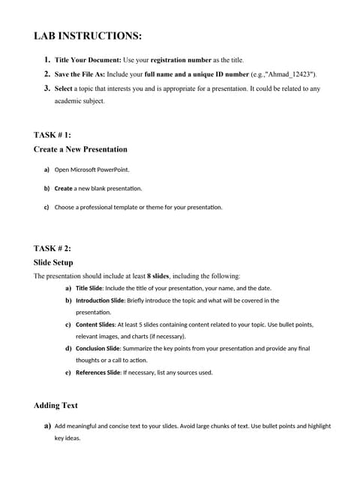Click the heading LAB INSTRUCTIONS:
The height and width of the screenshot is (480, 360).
pyautogui.click(x=88, y=36)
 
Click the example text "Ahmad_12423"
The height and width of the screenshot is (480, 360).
pyautogui.click(x=289, y=74)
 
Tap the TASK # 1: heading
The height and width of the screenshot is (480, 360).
pyautogui.click(x=52, y=135)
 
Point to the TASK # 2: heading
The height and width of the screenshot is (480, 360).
pyautogui.click(x=52, y=248)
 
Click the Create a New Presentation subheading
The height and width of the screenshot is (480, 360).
pyautogui.click(x=80, y=149)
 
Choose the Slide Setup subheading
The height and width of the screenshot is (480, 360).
pyautogui.click(x=53, y=262)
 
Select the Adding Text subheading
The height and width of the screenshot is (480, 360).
pyautogui.click(x=55, y=406)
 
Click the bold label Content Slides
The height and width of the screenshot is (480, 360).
pyautogui.click(x=94, y=325)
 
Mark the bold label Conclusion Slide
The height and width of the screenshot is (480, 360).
pyautogui.click(x=98, y=349)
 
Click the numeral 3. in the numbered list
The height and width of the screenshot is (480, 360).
pyautogui.click(x=46, y=88)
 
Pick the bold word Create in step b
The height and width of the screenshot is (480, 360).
pyautogui.click(x=64, y=188)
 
